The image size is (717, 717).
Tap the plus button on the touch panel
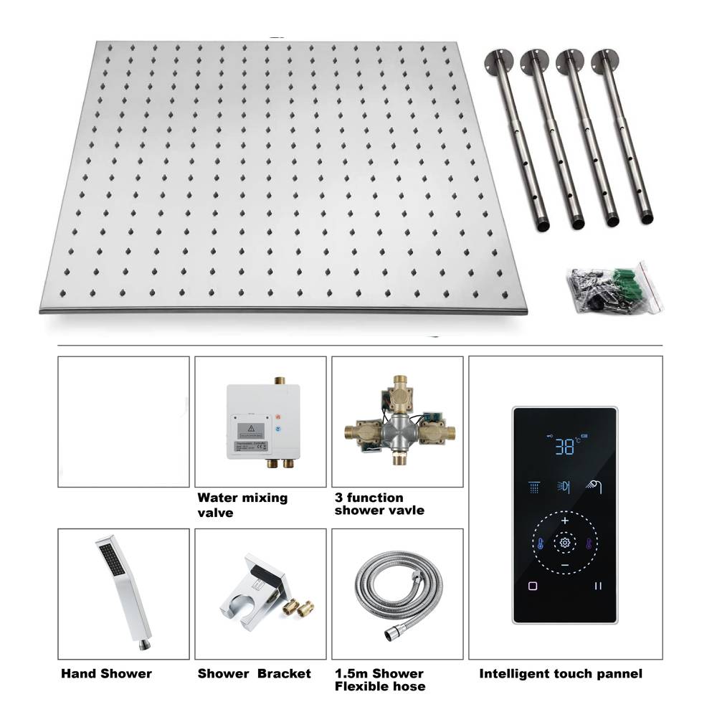coord(565,521)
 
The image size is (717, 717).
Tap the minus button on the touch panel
coord(565,566)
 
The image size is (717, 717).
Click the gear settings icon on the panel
coord(565,543)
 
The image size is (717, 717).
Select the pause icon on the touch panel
coord(597,586)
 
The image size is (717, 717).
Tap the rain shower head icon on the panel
coord(533,487)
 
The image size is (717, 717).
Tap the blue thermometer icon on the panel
coord(538,543)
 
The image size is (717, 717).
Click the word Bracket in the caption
coord(285,673)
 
